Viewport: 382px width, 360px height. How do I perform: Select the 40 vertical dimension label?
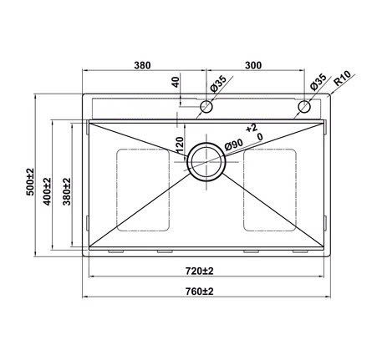pyautogui.click(x=176, y=84)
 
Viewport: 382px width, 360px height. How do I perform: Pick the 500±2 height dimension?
pyautogui.click(x=30, y=181)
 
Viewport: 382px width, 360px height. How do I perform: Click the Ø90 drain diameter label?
pyautogui.click(x=234, y=146)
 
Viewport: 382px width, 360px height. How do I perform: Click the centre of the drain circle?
pyautogui.click(x=204, y=160)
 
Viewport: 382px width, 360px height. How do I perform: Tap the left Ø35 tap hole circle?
pyautogui.click(x=206, y=107)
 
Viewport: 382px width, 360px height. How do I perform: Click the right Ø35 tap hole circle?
pyautogui.click(x=305, y=107)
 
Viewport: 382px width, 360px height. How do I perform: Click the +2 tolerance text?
pyautogui.click(x=251, y=127)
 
